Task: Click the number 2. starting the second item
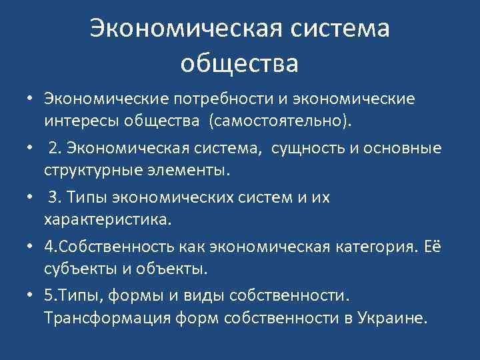pyautogui.click(x=53, y=147)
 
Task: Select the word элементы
pyautogui.click(x=193, y=169)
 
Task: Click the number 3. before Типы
pyautogui.click(x=53, y=197)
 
